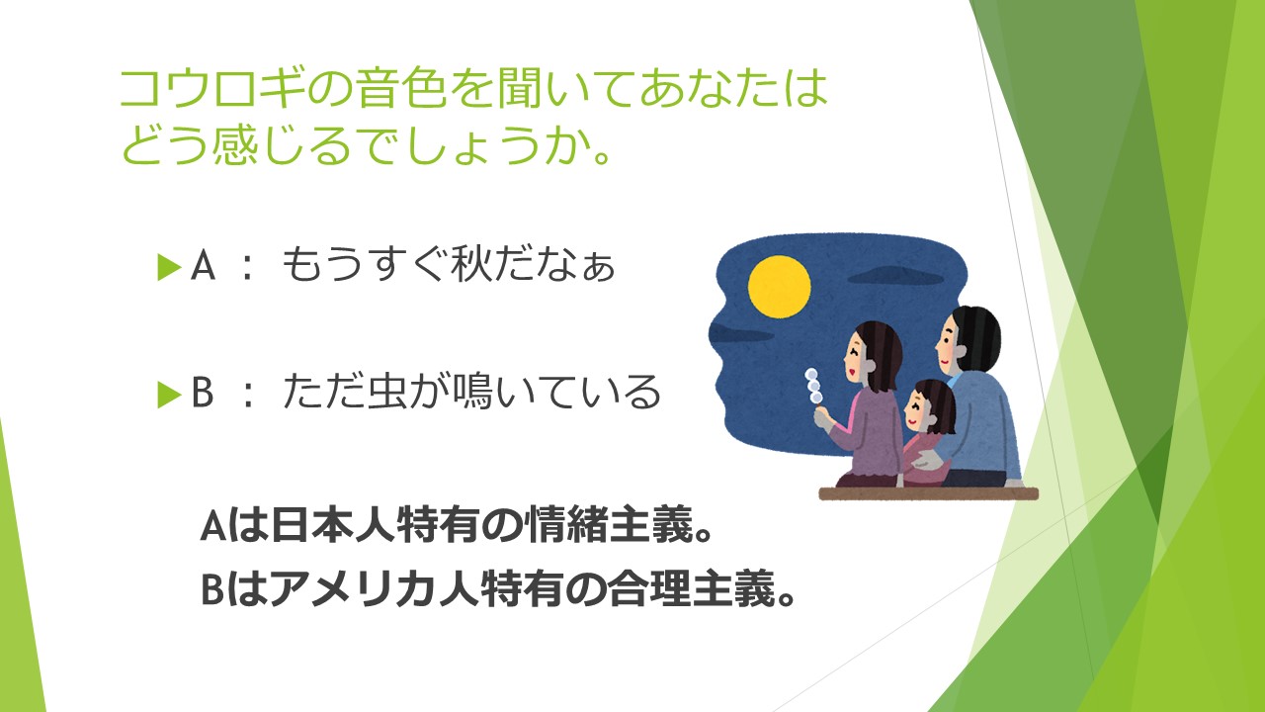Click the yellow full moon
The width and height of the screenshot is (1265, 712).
point(780,287)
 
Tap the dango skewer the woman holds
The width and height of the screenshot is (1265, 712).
point(814,387)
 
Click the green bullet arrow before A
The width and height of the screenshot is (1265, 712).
point(169,267)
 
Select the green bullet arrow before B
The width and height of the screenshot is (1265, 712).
point(169,395)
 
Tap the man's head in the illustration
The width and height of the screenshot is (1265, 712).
point(968,339)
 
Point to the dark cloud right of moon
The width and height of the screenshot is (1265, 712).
point(896,276)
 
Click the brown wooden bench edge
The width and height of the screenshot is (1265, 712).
point(928,493)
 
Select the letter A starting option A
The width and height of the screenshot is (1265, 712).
point(203,266)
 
